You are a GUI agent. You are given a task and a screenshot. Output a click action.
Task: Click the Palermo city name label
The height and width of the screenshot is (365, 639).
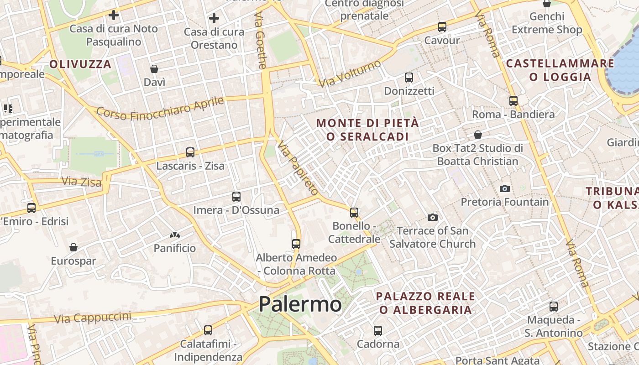click(x=300, y=304)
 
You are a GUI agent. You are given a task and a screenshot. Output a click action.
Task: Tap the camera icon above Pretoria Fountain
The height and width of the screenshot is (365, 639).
click(x=504, y=188)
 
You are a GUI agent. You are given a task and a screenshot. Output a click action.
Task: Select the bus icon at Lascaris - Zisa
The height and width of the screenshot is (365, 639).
click(x=190, y=152)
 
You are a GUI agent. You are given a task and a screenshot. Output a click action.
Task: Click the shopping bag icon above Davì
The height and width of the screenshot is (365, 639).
click(x=154, y=69)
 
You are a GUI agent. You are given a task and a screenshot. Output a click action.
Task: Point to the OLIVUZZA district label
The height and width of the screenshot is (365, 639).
click(x=80, y=64)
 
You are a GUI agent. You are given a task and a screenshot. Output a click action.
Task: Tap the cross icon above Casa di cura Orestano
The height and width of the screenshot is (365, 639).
click(x=214, y=19)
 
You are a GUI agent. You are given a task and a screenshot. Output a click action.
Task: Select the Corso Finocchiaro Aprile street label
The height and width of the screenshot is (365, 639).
click(x=160, y=109)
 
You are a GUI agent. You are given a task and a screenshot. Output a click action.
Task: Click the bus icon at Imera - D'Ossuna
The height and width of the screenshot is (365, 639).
click(x=236, y=197)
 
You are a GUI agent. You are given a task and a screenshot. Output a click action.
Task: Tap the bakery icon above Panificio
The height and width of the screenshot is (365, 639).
click(x=175, y=235)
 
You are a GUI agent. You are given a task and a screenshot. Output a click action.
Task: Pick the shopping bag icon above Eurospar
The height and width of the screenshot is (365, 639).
click(x=73, y=247)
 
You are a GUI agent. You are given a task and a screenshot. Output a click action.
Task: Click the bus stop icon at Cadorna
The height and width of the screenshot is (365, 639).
click(x=377, y=330)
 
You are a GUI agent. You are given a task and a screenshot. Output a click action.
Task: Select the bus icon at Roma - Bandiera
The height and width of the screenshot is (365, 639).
click(x=513, y=101)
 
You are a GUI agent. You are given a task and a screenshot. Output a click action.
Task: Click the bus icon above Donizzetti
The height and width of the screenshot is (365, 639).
click(x=409, y=78)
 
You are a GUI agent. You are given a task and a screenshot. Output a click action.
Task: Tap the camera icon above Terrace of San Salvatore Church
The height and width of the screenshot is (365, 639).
click(x=433, y=217)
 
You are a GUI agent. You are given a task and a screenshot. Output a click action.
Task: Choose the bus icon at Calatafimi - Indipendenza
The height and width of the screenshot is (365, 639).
click(x=208, y=330)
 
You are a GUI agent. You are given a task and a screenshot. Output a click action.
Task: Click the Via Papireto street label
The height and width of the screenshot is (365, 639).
click(x=298, y=168)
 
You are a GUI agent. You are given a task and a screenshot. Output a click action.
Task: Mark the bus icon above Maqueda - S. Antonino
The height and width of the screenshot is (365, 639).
click(x=554, y=307)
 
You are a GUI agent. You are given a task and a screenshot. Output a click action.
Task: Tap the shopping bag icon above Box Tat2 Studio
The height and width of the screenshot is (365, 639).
click(x=478, y=135)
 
